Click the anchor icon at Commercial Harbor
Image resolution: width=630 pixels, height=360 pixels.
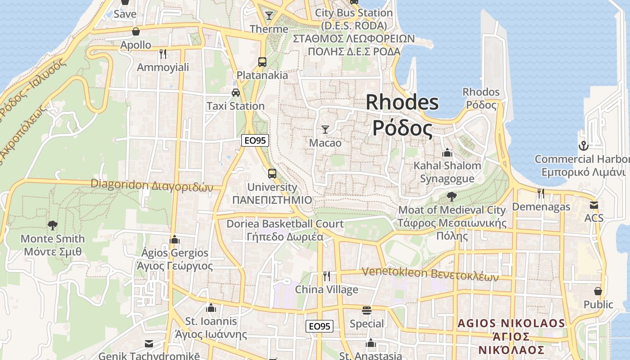tap(583, 146)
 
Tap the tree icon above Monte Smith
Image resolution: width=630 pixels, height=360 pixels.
tap(53, 225)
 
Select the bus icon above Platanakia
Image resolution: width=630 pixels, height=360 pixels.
tap(262, 62)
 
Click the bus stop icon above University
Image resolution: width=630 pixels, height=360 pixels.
tap(272, 173)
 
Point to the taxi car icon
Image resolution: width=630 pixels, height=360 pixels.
tap(235, 93)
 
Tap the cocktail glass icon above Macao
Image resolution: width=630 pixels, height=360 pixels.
tap(325, 130)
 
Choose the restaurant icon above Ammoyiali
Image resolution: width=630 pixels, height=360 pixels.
tap(163, 54)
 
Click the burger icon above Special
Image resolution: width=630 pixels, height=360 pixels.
tap(367, 310)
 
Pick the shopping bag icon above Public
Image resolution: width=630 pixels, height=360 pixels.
tap(598, 291)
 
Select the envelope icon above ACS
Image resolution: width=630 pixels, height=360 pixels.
tap(594, 205)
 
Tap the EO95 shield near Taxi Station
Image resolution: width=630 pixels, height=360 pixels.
tap(255, 140)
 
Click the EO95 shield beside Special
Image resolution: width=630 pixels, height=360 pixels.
tap(319, 326)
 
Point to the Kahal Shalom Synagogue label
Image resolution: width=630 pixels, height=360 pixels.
tap(447, 172)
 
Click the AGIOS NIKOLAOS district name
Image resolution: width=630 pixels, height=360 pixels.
tap(511, 336)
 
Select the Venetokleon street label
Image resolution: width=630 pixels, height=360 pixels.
tap(430, 273)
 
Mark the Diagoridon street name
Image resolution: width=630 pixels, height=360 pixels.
tap(152, 185)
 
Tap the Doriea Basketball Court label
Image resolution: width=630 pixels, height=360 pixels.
tap(285, 229)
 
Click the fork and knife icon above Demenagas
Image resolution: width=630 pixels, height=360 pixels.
tap(541, 193)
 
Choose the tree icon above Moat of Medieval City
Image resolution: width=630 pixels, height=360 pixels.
tap(451, 197)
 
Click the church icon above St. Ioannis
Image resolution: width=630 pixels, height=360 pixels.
tap(211, 308)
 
